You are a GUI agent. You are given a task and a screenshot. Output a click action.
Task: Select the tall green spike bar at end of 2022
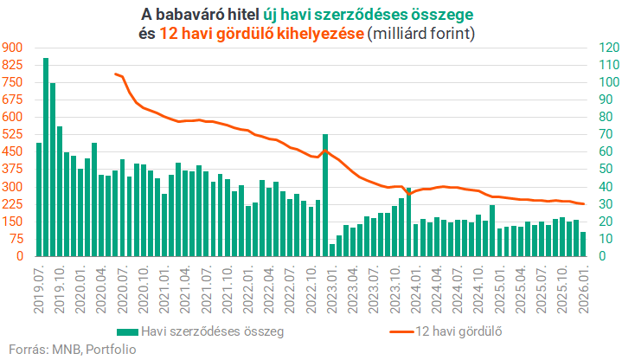coord(325,196)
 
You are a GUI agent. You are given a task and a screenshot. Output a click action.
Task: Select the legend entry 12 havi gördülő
coord(458,331)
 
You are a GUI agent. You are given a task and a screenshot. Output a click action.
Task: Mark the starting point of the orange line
coord(115,74)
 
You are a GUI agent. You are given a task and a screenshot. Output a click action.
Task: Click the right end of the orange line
coord(584,204)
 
